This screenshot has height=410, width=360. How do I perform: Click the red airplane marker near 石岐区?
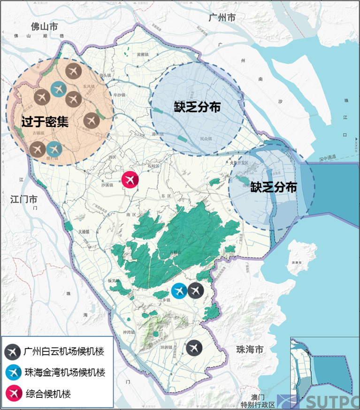point(130,179)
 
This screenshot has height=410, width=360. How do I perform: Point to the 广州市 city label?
point(222,18)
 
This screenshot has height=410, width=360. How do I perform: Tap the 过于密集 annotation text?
point(45,122)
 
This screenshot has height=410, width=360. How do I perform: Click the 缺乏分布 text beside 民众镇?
point(197,107)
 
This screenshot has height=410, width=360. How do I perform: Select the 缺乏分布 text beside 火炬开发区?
point(273,187)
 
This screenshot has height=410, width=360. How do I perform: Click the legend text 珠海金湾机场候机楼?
point(63,372)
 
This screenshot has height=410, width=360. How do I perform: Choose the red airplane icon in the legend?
point(13,393)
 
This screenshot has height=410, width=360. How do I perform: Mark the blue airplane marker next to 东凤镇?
point(58,89)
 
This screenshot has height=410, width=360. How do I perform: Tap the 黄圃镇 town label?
point(143,54)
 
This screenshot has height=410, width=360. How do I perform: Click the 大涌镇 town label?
point(83,232)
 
